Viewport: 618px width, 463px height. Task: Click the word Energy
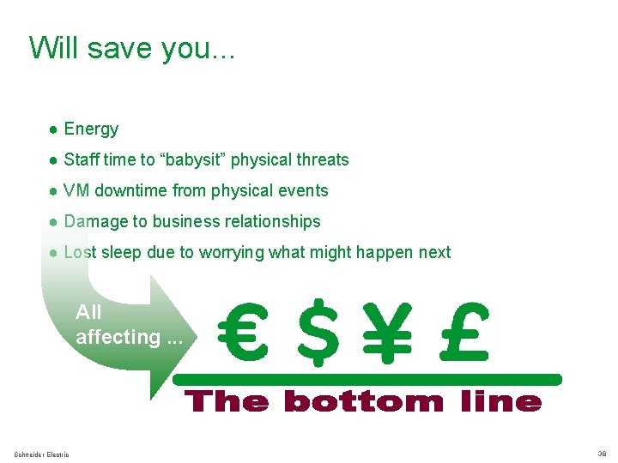point(91,129)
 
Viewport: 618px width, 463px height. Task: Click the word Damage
point(96,222)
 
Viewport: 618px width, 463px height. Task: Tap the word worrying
point(232,253)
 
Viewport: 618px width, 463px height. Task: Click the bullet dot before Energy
point(53,129)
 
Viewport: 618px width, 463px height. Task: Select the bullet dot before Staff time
point(53,160)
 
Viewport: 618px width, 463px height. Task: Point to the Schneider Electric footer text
point(42,454)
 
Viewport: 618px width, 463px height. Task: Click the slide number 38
point(601,454)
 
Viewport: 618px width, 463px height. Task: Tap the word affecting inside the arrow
point(117,337)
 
